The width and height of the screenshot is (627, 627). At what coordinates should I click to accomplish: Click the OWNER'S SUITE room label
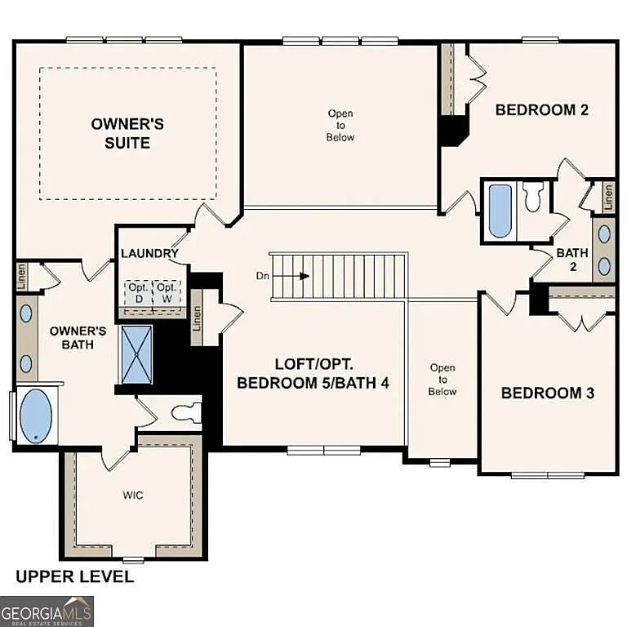coord(127,133)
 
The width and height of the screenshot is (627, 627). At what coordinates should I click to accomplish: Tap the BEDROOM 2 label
coord(542,110)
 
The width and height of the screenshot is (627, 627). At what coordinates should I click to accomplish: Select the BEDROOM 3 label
coord(547,394)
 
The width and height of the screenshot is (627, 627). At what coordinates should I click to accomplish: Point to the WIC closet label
coord(132,496)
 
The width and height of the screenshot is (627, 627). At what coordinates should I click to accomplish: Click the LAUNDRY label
coord(149,253)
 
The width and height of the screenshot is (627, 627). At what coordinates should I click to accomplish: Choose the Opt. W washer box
coord(166,292)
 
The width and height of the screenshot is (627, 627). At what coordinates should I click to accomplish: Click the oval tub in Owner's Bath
coord(34,416)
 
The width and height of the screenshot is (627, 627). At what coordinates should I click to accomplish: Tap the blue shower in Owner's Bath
coord(136,354)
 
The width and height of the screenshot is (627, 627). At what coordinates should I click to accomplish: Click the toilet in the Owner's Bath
coord(186,410)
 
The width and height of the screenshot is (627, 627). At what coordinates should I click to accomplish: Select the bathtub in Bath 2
coord(500,210)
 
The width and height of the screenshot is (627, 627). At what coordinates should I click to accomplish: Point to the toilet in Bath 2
coord(533,198)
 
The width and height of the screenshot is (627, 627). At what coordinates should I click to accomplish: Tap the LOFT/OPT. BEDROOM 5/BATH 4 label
coord(313,373)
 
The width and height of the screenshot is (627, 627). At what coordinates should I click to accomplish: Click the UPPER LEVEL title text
coord(75,577)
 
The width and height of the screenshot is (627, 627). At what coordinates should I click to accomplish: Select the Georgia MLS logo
coord(47,611)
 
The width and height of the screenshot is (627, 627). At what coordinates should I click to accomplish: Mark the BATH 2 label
coord(572,260)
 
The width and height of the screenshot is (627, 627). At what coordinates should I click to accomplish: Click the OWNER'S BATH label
coord(78,338)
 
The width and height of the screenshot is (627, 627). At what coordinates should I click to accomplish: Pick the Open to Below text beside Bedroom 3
coord(442,380)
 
